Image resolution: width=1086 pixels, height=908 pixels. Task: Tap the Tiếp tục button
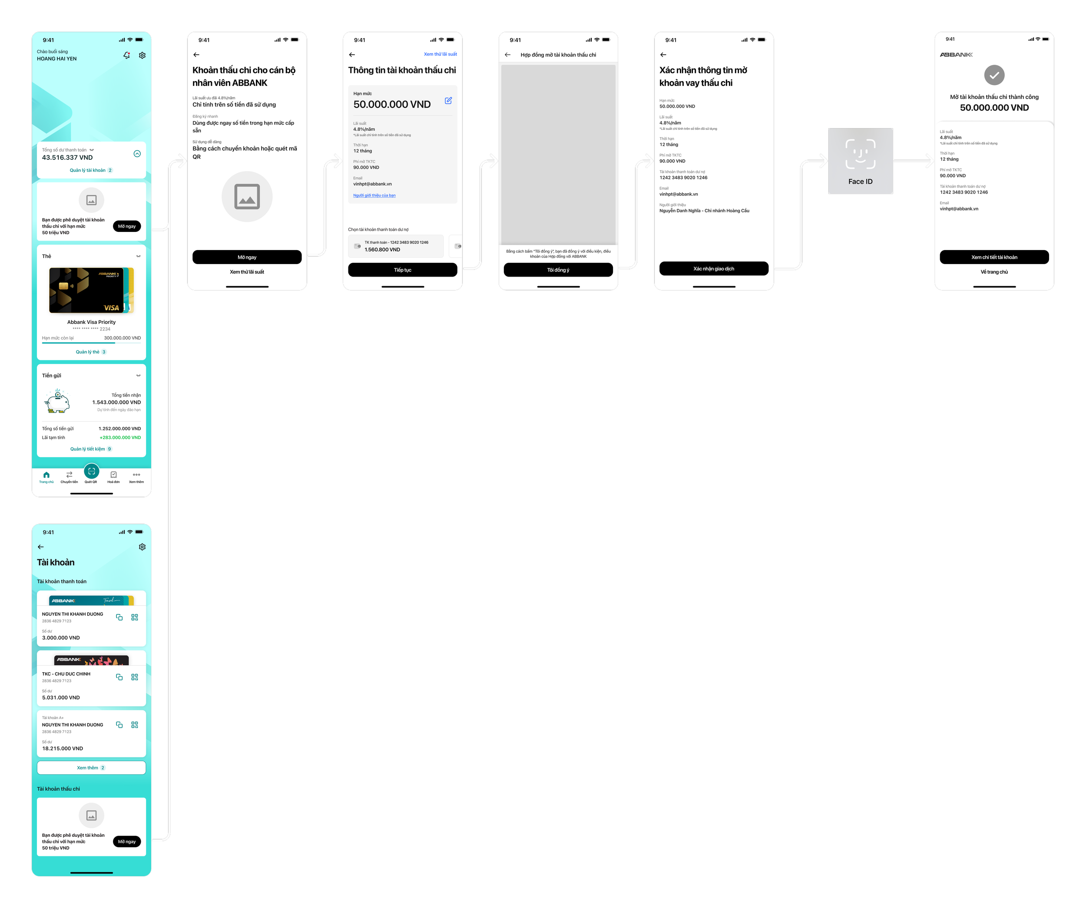[x=402, y=270]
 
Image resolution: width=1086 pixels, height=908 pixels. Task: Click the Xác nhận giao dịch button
[x=714, y=269]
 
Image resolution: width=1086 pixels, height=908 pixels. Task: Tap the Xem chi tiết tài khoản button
[x=994, y=257]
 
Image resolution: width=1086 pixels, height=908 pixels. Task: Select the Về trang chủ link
[x=994, y=272]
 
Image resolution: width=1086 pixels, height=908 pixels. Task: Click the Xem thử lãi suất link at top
[x=440, y=54]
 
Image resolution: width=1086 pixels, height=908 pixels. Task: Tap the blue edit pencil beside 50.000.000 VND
[x=448, y=101]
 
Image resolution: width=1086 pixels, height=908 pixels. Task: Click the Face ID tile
[x=861, y=161]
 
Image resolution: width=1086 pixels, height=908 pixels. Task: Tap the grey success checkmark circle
[x=994, y=76]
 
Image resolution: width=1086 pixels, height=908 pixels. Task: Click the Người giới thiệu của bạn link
[x=374, y=195]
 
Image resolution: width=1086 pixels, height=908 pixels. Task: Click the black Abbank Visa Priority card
[x=87, y=291]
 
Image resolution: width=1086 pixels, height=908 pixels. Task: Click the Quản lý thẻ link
[x=88, y=352]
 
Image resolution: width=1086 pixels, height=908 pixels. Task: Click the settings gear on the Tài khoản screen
[x=142, y=547]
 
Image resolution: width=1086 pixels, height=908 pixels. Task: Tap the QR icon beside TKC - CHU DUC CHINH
[x=135, y=677]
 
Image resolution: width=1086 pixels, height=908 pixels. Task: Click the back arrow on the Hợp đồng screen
[x=508, y=55]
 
